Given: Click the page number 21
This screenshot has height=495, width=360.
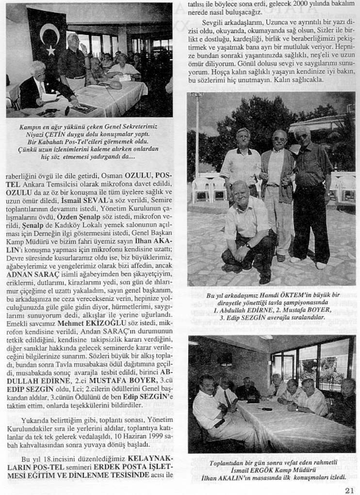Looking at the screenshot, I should coord(349,490).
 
